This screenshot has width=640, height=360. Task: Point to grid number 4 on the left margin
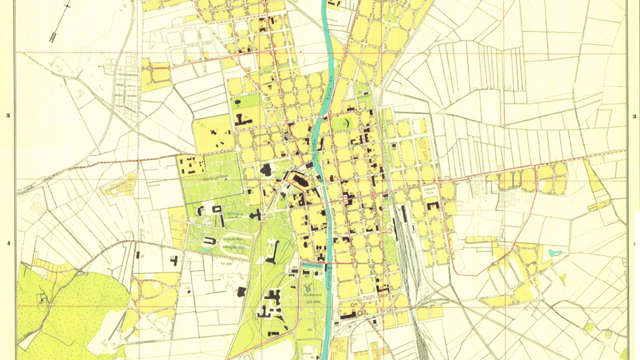pos(8,244)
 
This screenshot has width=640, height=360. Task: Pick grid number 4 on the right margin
pos(632,244)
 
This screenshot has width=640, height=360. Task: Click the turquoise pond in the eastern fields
pos(554,252)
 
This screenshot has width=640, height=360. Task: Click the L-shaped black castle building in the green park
pos(272,251)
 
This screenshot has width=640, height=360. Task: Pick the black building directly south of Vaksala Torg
pos(432,206)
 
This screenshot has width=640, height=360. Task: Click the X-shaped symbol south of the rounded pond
pos(306,287)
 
